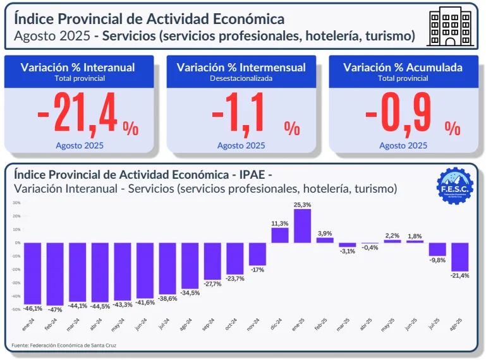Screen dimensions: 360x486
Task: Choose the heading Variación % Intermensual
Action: (x=241, y=67)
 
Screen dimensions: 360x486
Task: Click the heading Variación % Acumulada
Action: (x=403, y=67)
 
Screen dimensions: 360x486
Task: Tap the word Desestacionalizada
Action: (x=241, y=79)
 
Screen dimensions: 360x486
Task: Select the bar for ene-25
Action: (x=302, y=225)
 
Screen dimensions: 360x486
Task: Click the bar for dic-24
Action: (x=280, y=235)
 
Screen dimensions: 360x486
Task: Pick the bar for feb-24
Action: (x=55, y=273)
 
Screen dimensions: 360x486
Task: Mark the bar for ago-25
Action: (x=459, y=256)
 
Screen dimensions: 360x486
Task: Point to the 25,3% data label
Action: (x=302, y=205)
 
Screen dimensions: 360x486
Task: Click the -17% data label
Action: (x=257, y=270)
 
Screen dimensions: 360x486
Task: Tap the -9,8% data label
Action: (x=437, y=260)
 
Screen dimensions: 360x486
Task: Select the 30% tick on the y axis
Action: (x=16, y=203)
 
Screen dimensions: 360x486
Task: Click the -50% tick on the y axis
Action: (x=16, y=309)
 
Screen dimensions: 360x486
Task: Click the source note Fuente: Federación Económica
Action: (x=64, y=345)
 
